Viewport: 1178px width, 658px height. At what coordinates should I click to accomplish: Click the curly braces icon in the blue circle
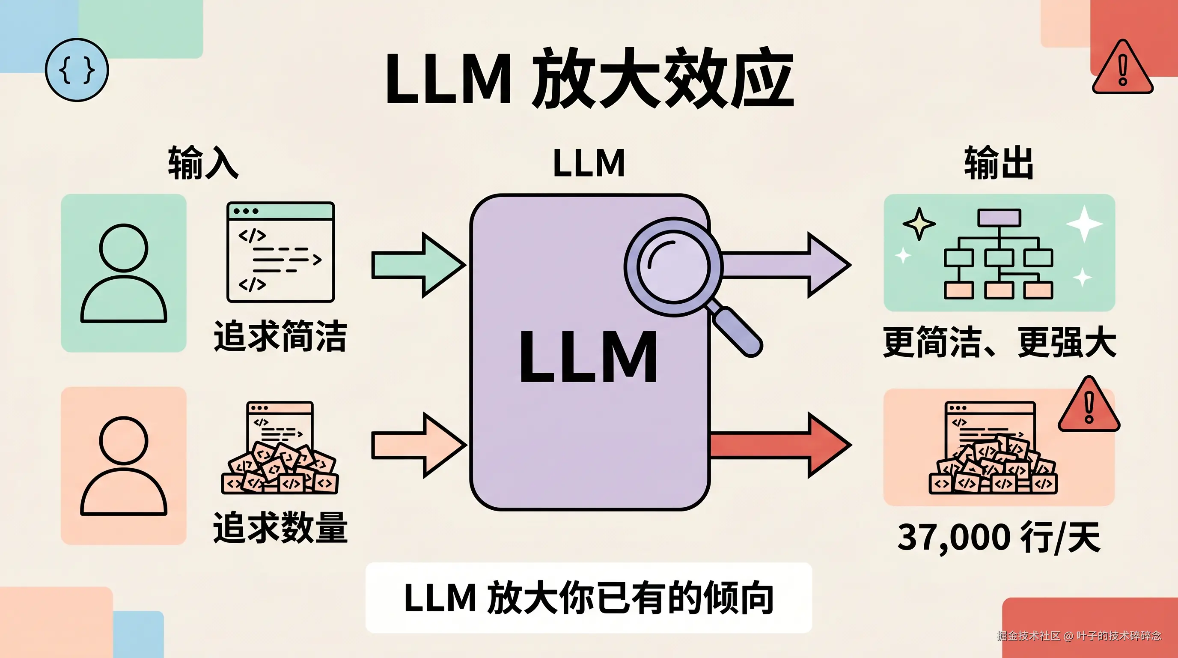77,69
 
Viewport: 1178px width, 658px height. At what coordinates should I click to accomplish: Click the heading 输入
203,162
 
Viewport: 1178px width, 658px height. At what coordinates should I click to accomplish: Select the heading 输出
999,162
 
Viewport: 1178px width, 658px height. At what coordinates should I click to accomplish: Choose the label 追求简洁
280,336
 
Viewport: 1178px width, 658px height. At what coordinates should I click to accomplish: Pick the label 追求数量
280,528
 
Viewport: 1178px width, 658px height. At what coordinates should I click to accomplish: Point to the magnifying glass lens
673,266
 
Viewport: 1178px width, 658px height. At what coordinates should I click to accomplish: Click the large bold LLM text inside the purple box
589,357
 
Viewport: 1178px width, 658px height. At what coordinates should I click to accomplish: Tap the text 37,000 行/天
999,538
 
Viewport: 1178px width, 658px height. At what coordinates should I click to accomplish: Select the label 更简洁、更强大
999,342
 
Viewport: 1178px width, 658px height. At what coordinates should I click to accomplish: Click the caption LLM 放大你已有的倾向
589,598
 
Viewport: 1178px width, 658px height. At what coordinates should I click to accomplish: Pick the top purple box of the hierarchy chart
999,217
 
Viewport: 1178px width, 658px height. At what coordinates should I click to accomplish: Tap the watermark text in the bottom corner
1079,636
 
